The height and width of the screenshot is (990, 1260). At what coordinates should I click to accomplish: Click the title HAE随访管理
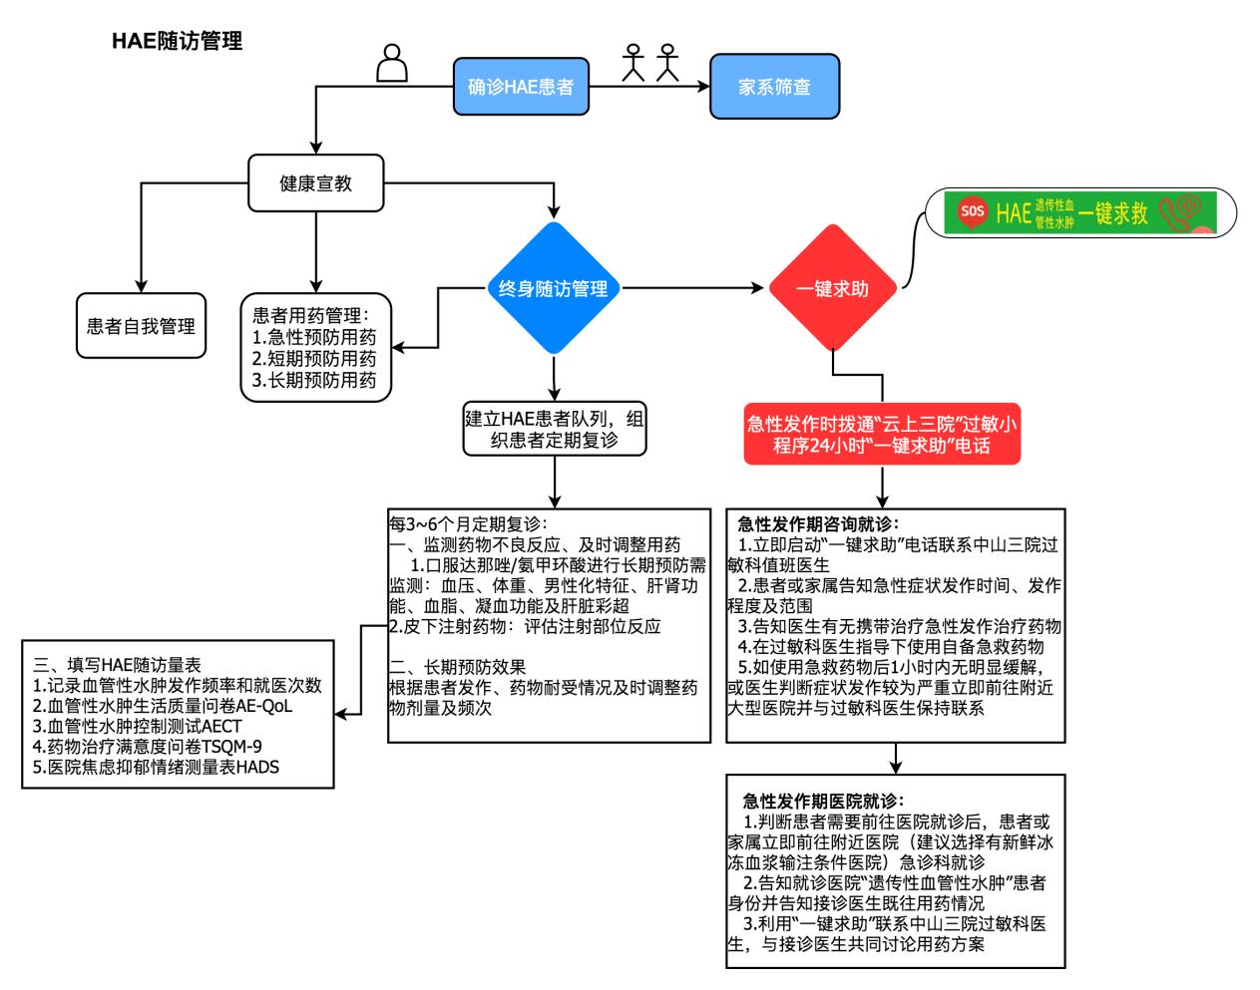[177, 42]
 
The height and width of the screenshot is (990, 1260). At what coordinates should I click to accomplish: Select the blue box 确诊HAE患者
[520, 88]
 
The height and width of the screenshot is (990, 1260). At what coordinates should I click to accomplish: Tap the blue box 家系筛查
[774, 88]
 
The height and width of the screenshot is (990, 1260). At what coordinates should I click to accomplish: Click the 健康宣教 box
[315, 183]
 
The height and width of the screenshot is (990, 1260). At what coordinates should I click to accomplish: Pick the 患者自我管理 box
[141, 326]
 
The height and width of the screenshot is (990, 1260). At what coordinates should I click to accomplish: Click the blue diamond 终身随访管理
[553, 289]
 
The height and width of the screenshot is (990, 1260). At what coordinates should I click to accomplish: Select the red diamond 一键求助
[832, 289]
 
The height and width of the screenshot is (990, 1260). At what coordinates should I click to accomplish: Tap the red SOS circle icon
[971, 211]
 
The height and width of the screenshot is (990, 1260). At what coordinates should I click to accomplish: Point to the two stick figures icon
[649, 62]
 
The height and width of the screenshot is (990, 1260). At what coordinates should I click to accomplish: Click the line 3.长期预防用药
[314, 380]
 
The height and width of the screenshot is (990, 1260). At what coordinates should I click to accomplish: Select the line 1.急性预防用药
[314, 337]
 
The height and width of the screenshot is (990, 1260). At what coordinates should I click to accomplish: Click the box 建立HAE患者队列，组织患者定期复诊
[554, 429]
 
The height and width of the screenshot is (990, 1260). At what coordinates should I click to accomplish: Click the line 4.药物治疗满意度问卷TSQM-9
[148, 746]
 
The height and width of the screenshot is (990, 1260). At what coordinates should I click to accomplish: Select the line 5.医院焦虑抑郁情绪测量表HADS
[156, 767]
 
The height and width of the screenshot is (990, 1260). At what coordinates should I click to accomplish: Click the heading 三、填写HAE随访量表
[117, 665]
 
